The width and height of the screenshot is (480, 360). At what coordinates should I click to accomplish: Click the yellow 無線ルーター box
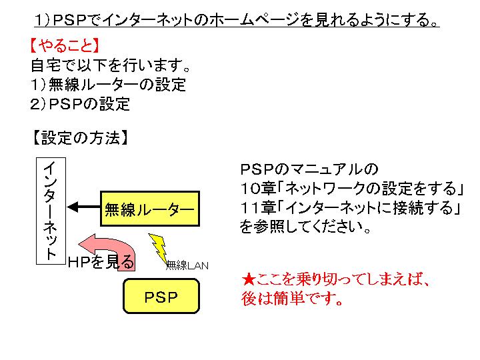150,209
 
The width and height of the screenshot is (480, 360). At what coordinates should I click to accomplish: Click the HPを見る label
101,262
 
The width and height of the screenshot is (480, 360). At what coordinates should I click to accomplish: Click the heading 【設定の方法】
79,138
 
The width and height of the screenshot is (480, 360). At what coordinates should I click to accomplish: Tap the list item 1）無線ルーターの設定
108,85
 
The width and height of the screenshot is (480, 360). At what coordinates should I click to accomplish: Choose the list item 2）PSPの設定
80,104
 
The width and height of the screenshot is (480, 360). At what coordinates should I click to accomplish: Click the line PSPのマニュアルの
308,168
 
